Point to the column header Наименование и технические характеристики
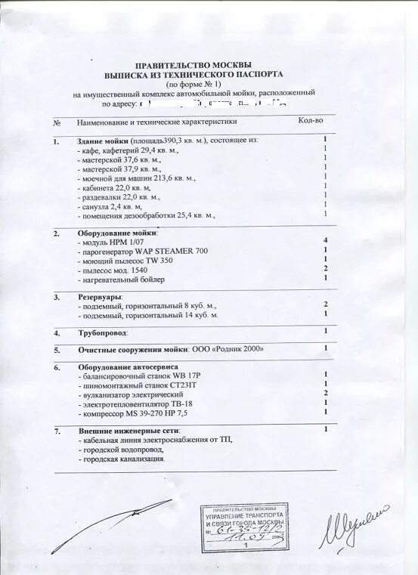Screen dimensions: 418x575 pyautogui.click(x=156, y=122)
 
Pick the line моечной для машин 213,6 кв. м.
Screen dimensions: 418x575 pyautogui.click(x=138, y=178)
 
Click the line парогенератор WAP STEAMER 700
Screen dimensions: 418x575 pyautogui.click(x=141, y=251)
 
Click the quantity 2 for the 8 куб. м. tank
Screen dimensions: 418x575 pyautogui.click(x=325, y=303)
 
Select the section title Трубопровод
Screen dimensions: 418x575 pyautogui.click(x=102, y=332)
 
